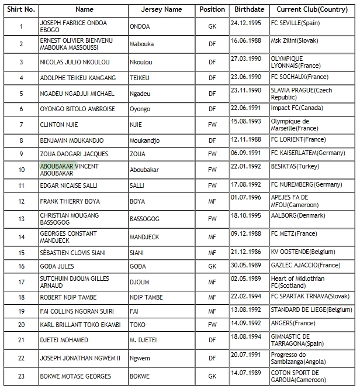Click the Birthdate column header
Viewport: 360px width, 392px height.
(x=249, y=9)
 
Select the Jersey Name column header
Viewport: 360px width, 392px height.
(x=161, y=9)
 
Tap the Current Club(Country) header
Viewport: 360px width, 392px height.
(x=312, y=9)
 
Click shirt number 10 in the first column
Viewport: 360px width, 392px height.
(x=22, y=170)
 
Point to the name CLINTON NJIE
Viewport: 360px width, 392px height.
(x=59, y=125)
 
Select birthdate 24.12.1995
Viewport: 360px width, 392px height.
(x=248, y=23)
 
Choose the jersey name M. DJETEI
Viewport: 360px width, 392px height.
(x=143, y=340)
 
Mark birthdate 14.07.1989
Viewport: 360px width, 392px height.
(x=248, y=372)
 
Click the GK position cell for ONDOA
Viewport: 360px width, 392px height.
(x=212, y=26)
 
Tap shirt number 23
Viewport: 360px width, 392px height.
(x=22, y=376)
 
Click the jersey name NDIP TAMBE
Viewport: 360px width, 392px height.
(x=147, y=297)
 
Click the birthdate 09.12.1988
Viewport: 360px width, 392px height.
(x=248, y=233)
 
